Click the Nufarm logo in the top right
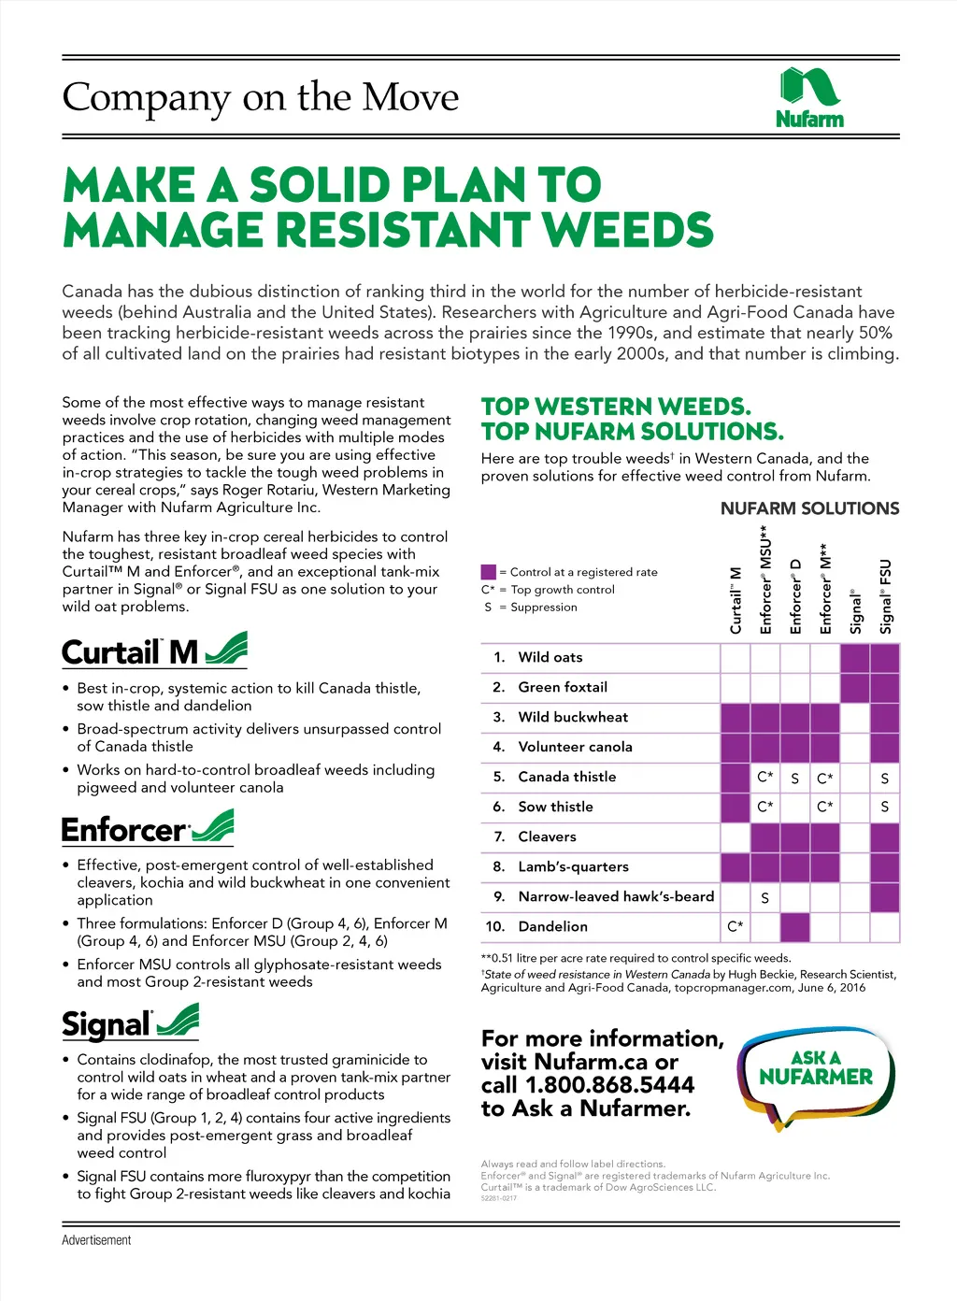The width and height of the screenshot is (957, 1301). click(x=809, y=97)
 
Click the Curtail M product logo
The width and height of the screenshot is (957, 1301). click(x=154, y=650)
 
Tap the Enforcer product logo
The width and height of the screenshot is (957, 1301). click(x=147, y=828)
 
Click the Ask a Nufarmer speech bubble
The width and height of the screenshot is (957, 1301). click(x=816, y=1076)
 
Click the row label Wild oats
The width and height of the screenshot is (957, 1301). click(x=550, y=657)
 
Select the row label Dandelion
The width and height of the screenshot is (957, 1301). click(x=552, y=926)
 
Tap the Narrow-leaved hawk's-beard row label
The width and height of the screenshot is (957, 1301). click(x=616, y=896)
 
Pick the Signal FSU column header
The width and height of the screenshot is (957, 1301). click(x=885, y=595)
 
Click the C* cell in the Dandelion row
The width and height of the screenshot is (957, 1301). click(x=736, y=926)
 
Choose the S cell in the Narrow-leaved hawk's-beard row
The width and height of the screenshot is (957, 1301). click(x=764, y=897)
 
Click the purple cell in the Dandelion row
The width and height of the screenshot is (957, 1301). click(x=794, y=926)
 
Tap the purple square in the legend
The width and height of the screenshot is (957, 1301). click(x=488, y=572)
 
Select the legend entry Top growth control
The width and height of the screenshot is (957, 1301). click(x=562, y=590)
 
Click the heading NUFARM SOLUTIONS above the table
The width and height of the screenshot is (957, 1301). click(x=809, y=508)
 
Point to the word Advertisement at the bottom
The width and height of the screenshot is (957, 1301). click(x=96, y=1240)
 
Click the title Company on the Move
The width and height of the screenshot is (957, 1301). click(x=261, y=97)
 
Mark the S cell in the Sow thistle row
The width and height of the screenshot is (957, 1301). click(x=884, y=807)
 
